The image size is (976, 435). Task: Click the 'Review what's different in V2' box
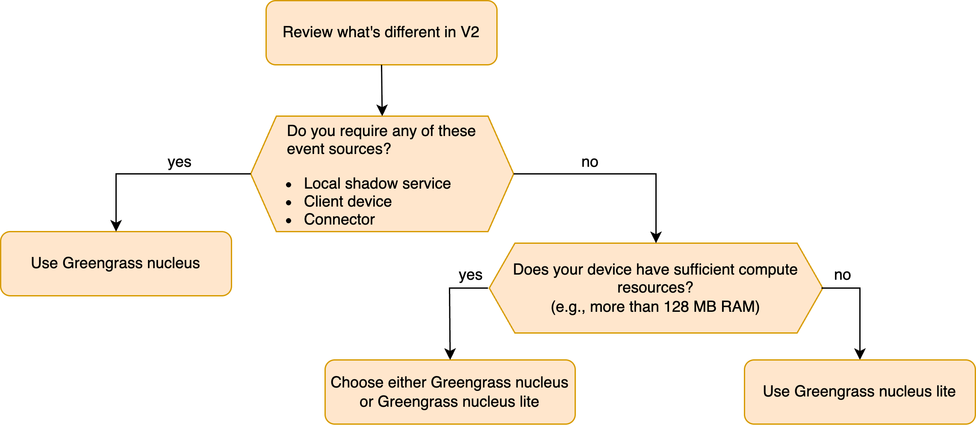[381, 33]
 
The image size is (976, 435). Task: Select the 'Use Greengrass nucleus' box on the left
[115, 263]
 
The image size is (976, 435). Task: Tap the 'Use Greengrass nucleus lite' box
[859, 392]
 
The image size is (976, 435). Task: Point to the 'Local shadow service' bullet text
[377, 183]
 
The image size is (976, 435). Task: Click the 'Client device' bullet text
[348, 201]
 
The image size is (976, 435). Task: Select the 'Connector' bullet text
[339, 219]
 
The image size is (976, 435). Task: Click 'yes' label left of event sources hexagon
[179, 162]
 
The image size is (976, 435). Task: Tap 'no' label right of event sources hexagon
[590, 162]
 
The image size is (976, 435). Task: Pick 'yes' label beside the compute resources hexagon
[470, 275]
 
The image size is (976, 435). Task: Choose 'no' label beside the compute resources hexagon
[842, 275]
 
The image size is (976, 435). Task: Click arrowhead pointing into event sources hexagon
[382, 110]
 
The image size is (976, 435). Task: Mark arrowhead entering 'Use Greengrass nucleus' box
[116, 226]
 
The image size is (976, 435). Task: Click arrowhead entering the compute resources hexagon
[656, 237]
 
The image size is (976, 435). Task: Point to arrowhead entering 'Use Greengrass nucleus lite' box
[860, 354]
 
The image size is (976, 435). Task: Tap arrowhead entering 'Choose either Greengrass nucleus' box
[450, 354]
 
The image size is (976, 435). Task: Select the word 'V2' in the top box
[469, 32]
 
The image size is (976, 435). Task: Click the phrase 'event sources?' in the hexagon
[339, 149]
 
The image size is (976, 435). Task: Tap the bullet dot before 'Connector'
[289, 221]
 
